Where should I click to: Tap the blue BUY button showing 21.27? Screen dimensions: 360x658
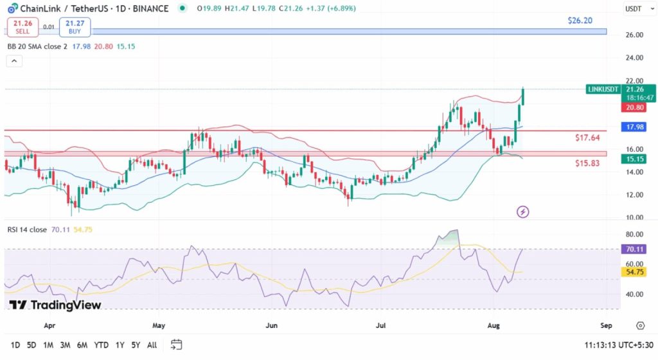75,27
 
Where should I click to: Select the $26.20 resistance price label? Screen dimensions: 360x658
580,21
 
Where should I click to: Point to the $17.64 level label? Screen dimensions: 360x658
587,138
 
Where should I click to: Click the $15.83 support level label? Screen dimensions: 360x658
587,163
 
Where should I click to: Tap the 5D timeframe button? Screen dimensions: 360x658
31,345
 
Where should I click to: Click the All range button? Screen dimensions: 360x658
152,345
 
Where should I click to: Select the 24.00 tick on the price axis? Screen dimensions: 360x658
635,58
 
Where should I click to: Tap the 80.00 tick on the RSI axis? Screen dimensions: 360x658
635,234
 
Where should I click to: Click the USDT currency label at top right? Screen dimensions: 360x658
634,8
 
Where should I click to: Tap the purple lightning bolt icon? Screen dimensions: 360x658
522,212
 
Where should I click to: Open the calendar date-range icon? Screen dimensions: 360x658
177,345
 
